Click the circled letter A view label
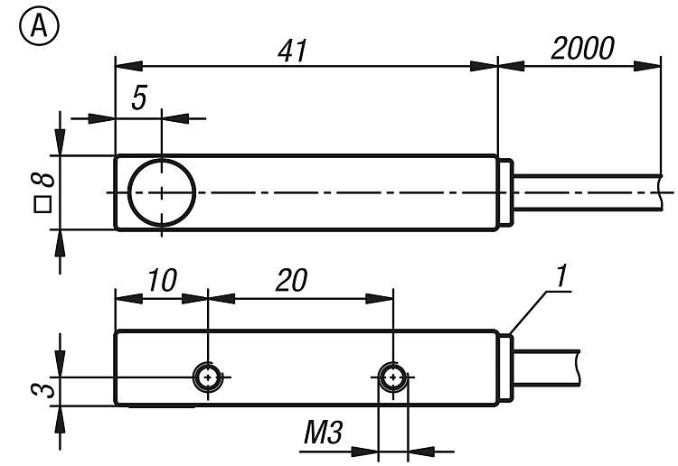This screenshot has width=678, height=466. pyautogui.click(x=39, y=26)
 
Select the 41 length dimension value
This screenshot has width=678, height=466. pyautogui.click(x=293, y=51)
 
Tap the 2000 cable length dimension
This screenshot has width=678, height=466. pyautogui.click(x=582, y=48)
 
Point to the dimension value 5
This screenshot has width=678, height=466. pyautogui.click(x=139, y=98)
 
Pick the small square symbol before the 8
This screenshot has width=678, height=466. pyautogui.click(x=42, y=205)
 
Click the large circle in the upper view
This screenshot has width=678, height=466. pyautogui.click(x=162, y=192)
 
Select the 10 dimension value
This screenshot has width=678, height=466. pyautogui.click(x=162, y=280)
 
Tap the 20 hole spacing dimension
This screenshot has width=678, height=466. pyautogui.click(x=291, y=280)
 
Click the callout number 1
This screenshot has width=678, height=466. pyautogui.click(x=561, y=276)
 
